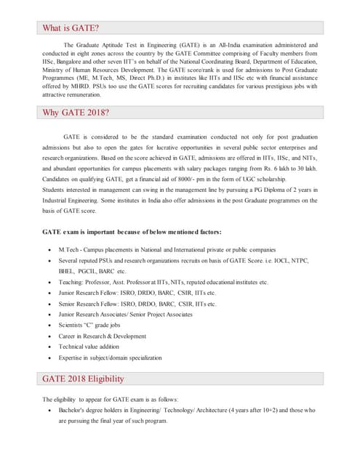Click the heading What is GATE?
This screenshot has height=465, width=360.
point(70,28)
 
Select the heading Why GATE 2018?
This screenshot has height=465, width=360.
point(76,113)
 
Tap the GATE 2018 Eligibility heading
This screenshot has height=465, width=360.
point(83,379)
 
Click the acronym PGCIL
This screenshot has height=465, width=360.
point(90,270)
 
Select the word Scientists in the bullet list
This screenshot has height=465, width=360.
point(73,325)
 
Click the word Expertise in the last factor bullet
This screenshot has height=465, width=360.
point(73,357)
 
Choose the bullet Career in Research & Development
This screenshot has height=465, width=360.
point(103,336)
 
